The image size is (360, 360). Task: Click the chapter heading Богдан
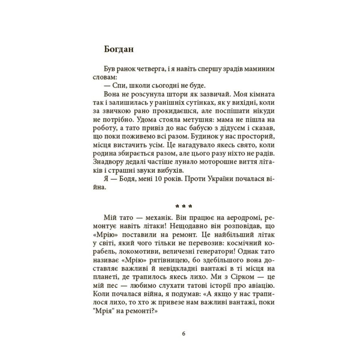118,49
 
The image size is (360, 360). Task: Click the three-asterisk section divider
184,206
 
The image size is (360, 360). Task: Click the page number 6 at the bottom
184,334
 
